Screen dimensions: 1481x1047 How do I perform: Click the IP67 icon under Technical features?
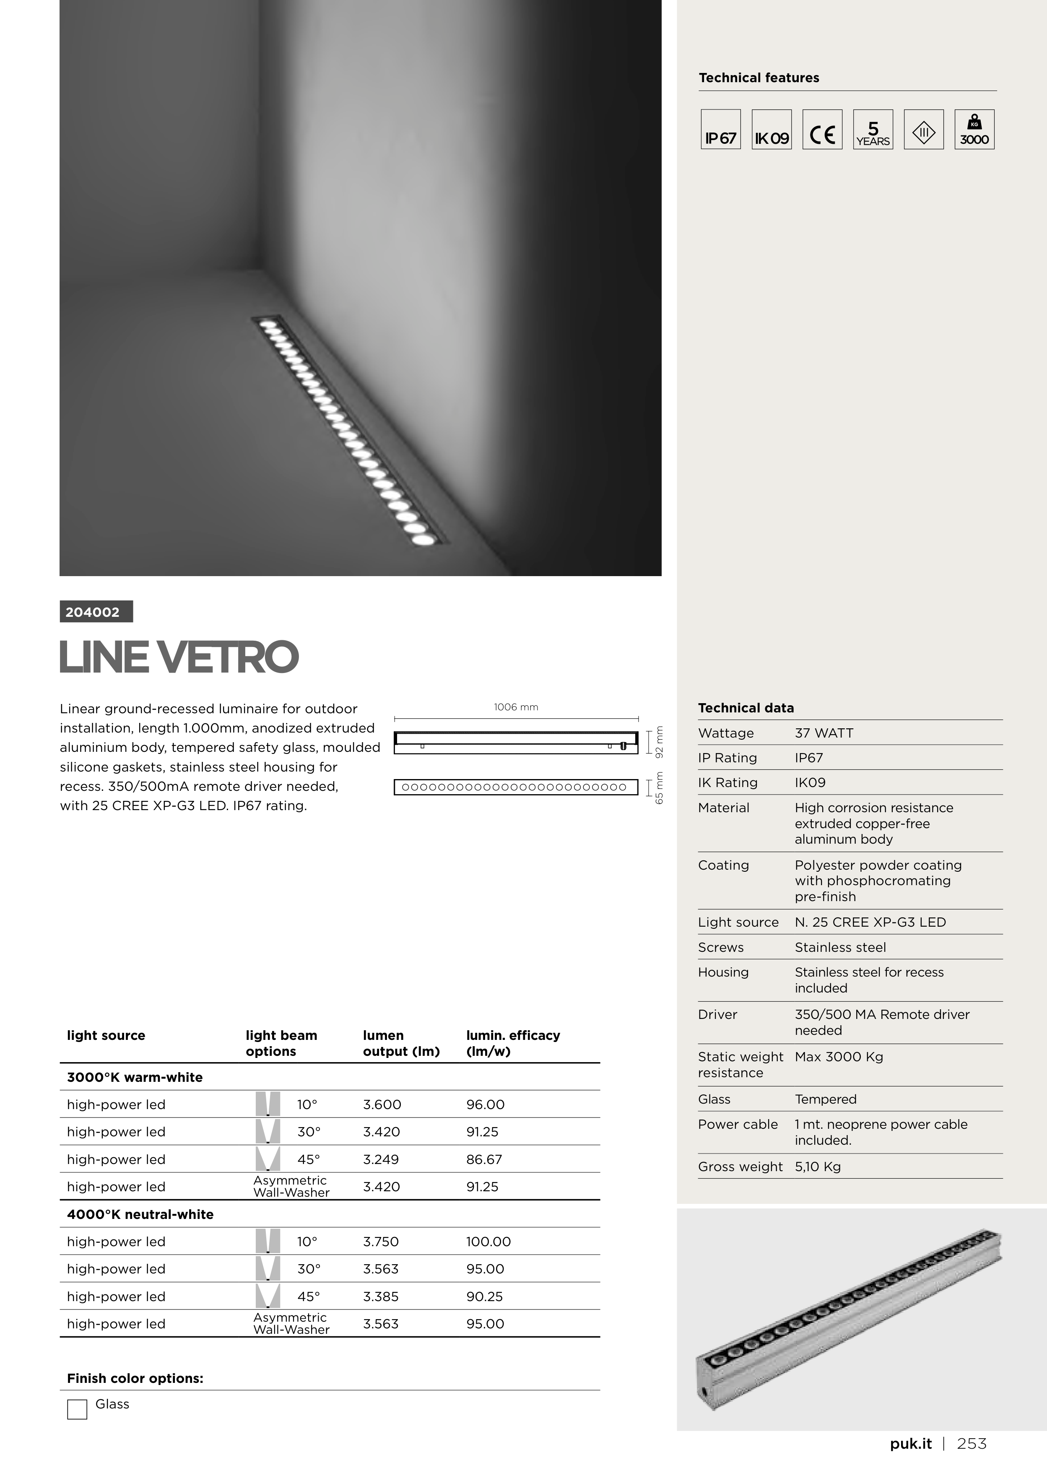pyautogui.click(x=721, y=130)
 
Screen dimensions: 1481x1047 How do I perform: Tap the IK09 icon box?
pyautogui.click(x=772, y=130)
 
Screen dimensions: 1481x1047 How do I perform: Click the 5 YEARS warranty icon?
pyautogui.click(x=873, y=130)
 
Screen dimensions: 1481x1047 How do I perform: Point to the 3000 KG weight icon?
pyautogui.click(x=974, y=130)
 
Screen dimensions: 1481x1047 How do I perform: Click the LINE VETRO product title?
pyautogui.click(x=179, y=657)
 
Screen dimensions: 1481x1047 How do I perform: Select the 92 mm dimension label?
pyautogui.click(x=659, y=743)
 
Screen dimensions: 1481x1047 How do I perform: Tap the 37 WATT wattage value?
pyautogui.click(x=824, y=733)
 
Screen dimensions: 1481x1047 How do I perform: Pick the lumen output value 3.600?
pyautogui.click(x=382, y=1105)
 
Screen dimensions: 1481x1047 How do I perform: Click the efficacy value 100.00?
pyautogui.click(x=488, y=1242)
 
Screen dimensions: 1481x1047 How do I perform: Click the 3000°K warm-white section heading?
pyautogui.click(x=135, y=1077)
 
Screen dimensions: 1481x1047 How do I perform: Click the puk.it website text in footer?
pyautogui.click(x=910, y=1444)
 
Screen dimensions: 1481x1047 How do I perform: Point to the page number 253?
pyautogui.click(x=972, y=1444)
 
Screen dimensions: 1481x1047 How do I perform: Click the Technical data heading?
pyautogui.click(x=746, y=708)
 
